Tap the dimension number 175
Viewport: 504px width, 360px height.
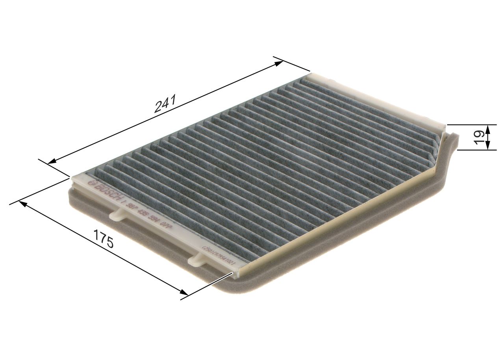pos(104,238)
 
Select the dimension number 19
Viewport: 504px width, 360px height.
pos(479,137)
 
